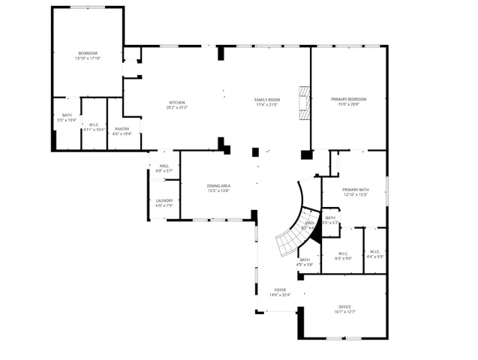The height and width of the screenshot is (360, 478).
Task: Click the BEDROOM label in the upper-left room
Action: (x=88, y=52)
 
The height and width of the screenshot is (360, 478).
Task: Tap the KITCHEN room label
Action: (x=177, y=103)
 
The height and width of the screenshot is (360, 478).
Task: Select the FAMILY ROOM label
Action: (x=267, y=100)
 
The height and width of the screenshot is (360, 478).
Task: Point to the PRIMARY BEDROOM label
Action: (x=349, y=99)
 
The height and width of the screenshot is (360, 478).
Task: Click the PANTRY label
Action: (x=122, y=129)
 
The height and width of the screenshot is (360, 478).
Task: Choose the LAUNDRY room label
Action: (x=164, y=200)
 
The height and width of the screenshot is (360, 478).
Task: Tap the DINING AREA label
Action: (x=218, y=185)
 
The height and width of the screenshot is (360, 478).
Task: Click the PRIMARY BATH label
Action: (x=355, y=190)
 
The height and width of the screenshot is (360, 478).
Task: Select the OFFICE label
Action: (x=345, y=307)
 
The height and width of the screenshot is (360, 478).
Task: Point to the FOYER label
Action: (x=280, y=289)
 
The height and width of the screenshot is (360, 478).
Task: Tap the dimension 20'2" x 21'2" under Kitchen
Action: (x=177, y=107)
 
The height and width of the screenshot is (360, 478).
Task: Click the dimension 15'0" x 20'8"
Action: (x=349, y=103)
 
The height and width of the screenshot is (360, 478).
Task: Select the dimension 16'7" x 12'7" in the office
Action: (x=345, y=311)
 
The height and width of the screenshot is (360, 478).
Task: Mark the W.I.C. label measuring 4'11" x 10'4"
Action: (x=94, y=129)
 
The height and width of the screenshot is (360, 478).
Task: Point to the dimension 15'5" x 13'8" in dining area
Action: (x=218, y=190)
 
